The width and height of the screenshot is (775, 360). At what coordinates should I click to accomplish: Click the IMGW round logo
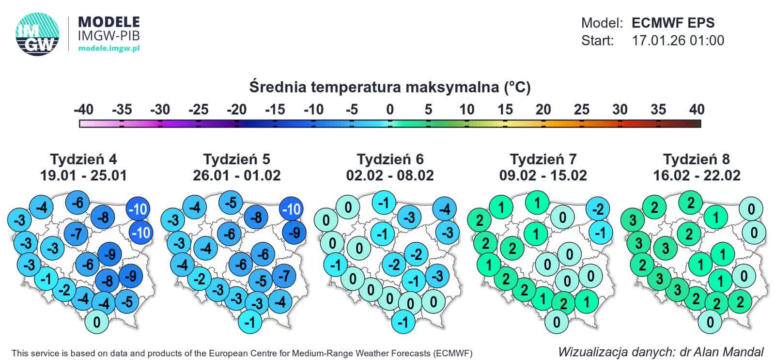coord(37,34)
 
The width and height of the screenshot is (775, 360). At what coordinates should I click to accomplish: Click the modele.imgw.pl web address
coord(108,48)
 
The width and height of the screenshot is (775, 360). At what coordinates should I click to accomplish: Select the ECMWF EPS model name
coord(673,23)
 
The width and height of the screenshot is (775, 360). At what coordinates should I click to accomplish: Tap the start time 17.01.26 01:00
coord(678,40)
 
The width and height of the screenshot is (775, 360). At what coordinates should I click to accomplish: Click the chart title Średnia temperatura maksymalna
coord(390,87)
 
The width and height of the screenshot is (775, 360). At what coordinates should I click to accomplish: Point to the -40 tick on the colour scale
coord(83,110)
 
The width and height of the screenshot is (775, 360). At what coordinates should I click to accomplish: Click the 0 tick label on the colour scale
coord(390,110)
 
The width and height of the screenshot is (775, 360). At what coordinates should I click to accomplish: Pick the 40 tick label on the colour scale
coord(697,110)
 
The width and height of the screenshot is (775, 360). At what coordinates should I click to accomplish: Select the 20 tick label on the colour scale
coord(543,110)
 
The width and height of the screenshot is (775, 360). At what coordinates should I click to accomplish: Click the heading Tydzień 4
coord(83,159)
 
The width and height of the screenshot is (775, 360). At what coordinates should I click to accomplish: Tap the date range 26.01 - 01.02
coord(236,175)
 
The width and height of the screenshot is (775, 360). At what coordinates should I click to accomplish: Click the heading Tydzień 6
coord(390,159)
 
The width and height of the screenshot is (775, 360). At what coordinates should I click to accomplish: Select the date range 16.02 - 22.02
coord(697,175)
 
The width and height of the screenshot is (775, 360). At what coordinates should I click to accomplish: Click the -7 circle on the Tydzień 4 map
coord(76,234)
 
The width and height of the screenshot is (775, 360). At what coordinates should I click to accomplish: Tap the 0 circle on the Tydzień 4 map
coord(97,322)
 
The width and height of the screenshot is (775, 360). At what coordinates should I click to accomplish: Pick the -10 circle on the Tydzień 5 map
coord(292,209)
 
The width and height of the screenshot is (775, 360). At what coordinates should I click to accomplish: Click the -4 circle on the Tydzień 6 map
coord(444,209)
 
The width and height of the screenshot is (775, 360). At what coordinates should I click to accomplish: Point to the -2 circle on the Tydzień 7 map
coord(598,209)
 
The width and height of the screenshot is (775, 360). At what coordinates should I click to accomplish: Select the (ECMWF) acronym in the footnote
coord(452,353)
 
